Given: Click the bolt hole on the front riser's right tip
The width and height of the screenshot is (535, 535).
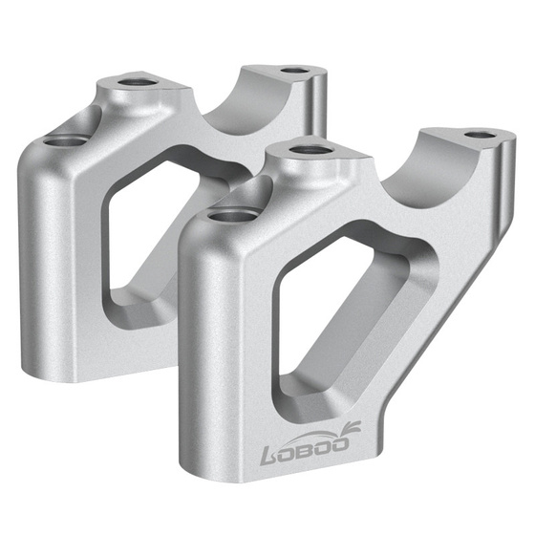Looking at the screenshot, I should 481,137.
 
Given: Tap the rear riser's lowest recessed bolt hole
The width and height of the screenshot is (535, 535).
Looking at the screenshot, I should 63,144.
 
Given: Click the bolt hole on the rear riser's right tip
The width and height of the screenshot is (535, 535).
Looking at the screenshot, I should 295,70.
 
